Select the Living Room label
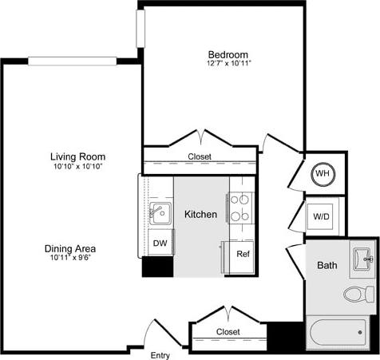click(78, 156)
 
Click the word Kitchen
click(200, 215)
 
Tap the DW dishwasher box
click(159, 243)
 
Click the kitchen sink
click(160, 212)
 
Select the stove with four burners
click(241, 208)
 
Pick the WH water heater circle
click(323, 173)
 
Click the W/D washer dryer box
click(321, 216)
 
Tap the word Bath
click(327, 265)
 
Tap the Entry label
click(160, 354)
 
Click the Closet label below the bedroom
click(200, 157)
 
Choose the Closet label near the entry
click(228, 331)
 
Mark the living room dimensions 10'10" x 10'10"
click(78, 166)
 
